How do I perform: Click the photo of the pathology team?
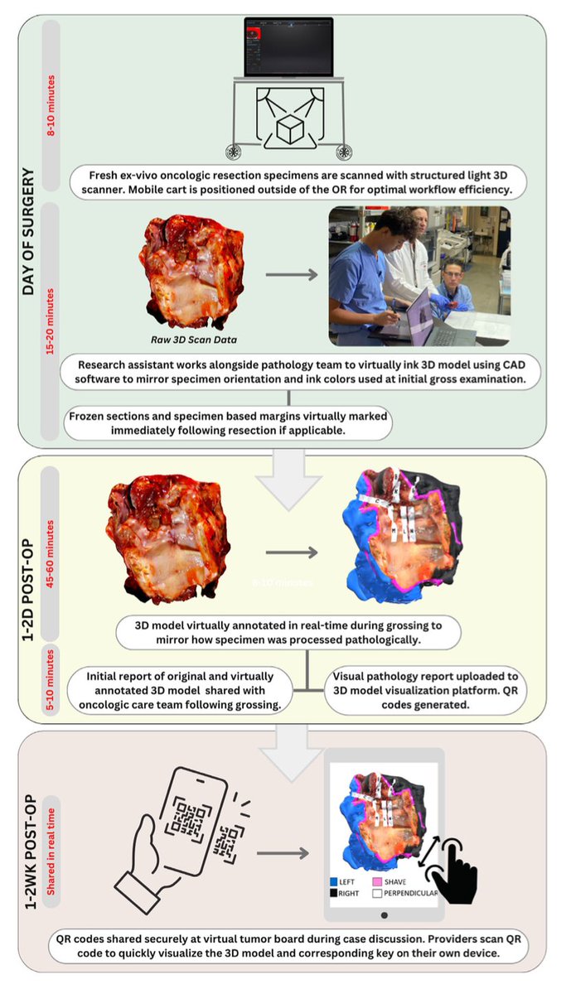[x=419, y=276]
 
